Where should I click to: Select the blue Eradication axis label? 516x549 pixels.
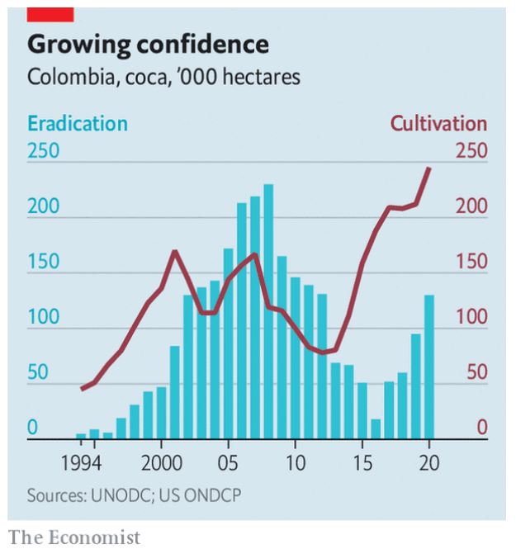78,124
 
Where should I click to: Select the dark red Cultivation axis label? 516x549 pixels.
438,124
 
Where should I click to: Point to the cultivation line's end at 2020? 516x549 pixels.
429,168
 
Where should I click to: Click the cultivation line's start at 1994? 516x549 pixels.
81,389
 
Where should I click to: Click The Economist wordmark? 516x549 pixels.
74,537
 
